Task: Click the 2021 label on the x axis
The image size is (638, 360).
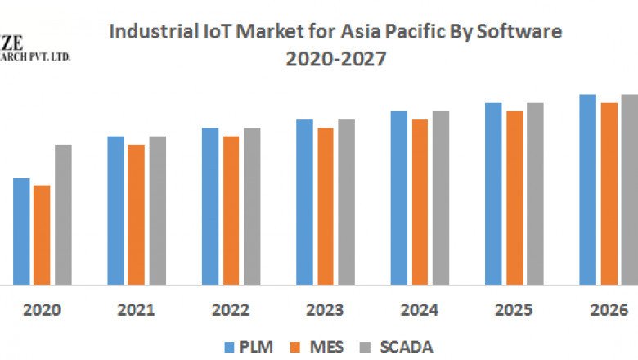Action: tap(136, 311)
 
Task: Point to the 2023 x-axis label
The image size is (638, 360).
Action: tap(326, 311)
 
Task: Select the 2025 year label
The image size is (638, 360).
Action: tap(514, 311)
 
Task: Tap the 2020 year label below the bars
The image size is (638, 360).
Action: tap(41, 311)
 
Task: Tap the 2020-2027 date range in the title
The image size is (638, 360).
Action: tap(335, 59)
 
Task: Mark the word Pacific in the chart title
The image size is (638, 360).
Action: tap(397, 32)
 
